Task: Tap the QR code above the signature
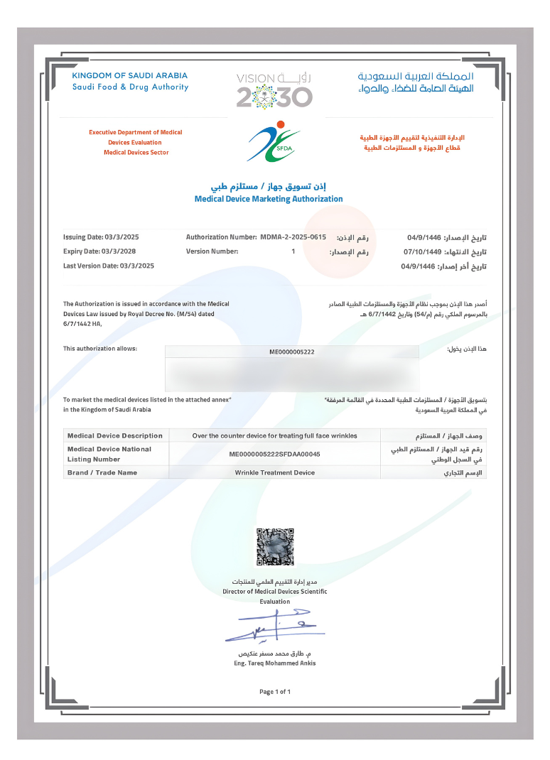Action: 274,547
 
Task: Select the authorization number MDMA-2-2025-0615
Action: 293,237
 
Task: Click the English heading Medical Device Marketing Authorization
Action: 269,200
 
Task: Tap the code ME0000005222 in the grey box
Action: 292,352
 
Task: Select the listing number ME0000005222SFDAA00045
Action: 274,454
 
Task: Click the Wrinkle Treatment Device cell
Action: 274,472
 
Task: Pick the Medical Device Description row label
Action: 114,435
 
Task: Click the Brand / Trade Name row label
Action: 102,472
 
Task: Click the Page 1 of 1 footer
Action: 275,692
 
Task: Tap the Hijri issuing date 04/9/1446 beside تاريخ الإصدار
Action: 424,238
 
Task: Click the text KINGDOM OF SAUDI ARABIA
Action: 130,75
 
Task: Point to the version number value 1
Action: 293,251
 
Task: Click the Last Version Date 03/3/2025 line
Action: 109,266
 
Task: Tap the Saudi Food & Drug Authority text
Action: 130,87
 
